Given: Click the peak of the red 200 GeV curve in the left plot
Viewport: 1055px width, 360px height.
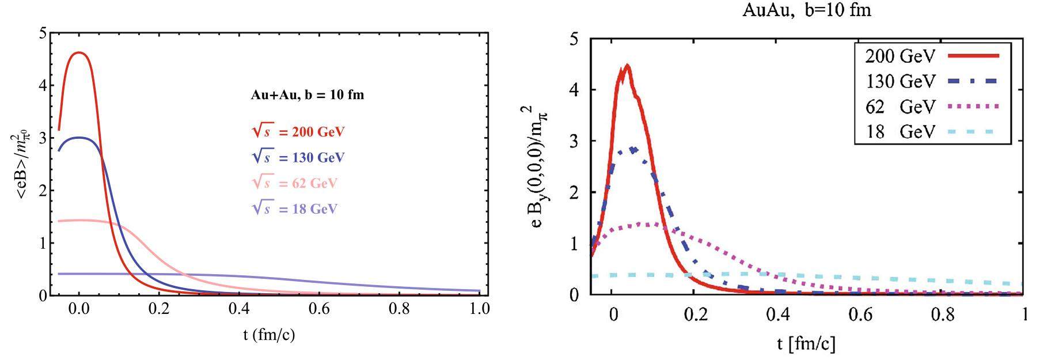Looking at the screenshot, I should [79, 53].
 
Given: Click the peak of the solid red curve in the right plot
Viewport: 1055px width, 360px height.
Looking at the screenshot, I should [627, 66].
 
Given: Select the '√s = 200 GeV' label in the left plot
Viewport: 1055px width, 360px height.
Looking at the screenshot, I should [298, 132].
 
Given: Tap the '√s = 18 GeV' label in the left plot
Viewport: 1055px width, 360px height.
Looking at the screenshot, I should [295, 209].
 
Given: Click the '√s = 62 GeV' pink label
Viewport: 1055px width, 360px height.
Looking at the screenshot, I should [295, 183].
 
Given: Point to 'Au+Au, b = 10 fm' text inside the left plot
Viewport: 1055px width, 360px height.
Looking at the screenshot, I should [308, 95].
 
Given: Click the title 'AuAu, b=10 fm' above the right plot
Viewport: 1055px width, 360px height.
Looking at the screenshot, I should [807, 10].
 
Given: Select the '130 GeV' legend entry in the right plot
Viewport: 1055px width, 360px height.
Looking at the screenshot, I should [900, 81].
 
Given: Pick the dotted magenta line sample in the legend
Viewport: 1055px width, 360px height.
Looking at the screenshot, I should [973, 107].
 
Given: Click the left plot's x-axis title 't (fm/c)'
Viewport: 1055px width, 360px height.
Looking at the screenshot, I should [269, 335].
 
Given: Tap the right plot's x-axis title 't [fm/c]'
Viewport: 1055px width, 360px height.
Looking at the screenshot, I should [806, 344].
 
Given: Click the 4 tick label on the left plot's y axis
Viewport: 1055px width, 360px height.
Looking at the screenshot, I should [42, 86].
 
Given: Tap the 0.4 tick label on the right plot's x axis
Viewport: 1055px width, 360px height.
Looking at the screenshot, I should [778, 314].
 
